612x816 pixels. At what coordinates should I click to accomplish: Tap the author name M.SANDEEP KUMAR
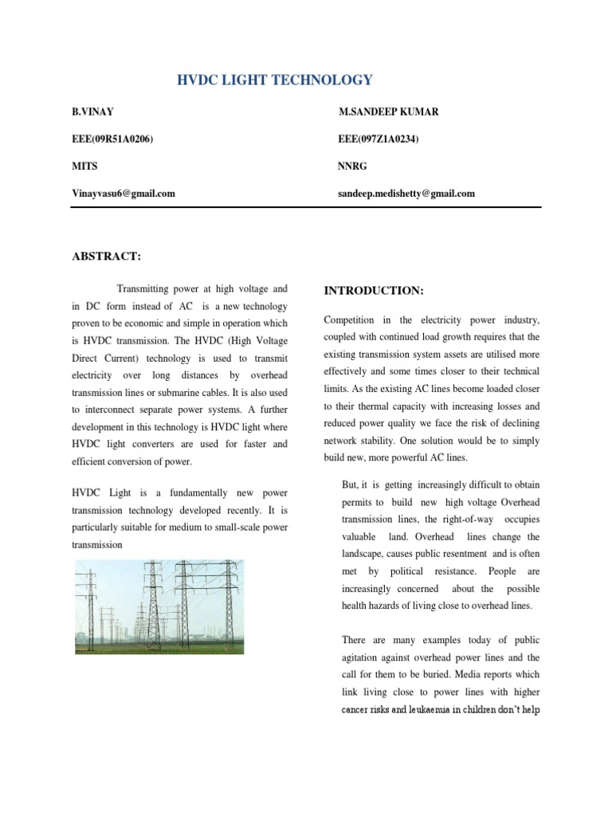(x=388, y=112)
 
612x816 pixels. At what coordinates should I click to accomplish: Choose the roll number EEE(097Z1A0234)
(x=379, y=139)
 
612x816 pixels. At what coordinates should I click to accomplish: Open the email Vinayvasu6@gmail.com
(x=124, y=193)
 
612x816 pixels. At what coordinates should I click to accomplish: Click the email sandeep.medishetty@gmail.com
(x=406, y=193)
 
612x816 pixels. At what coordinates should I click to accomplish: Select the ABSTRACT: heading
(x=107, y=256)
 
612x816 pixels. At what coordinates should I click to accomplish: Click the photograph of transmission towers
(x=159, y=606)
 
